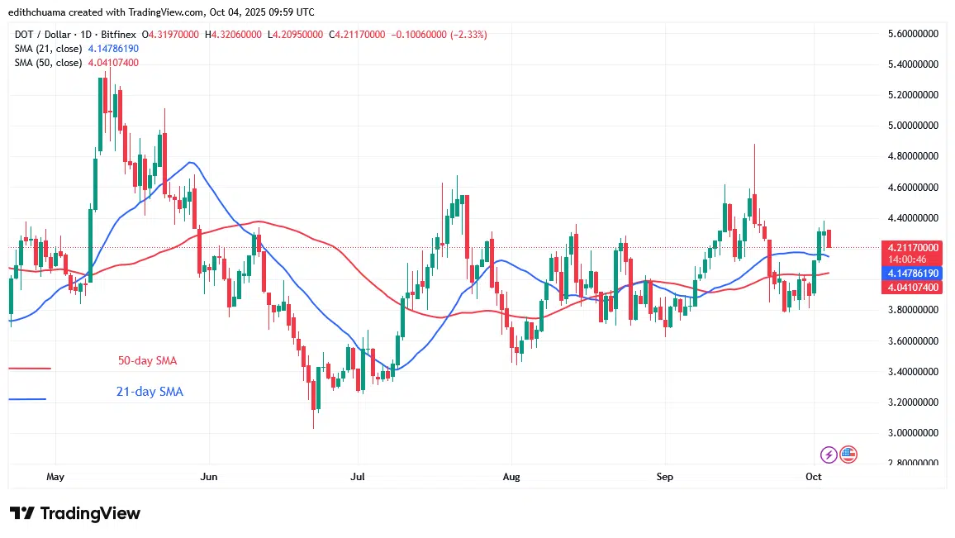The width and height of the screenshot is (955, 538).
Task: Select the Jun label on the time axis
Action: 209,477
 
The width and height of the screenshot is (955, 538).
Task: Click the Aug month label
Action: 511,477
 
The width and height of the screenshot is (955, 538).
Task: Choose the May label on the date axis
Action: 55,477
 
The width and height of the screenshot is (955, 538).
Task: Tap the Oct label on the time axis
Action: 815,477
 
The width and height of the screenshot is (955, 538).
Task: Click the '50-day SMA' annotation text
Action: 147,361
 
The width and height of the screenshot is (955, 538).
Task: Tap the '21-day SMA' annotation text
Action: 150,392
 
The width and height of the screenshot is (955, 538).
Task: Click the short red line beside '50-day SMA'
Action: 30,369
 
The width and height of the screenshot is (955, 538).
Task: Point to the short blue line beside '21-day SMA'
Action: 27,399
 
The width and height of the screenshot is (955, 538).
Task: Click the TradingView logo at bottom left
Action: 75,513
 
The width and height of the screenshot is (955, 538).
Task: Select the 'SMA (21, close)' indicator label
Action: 48,49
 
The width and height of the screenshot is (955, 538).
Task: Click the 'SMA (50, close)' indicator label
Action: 48,63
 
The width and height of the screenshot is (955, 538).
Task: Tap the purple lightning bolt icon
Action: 829,455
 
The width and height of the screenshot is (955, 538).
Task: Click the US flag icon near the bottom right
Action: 848,454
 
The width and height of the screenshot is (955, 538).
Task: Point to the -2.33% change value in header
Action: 468,35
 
